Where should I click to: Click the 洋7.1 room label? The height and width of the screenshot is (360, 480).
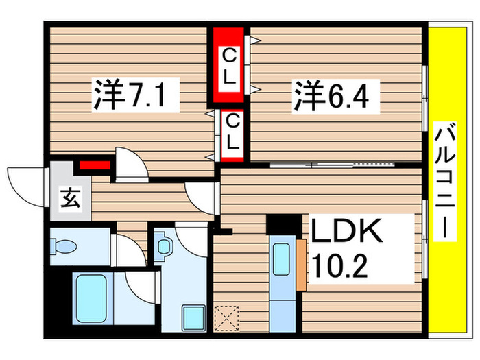pyautogui.click(x=136, y=97)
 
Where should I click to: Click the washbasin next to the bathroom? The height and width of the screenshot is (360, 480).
pyautogui.click(x=165, y=248)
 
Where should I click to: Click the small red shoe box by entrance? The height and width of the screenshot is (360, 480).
pyautogui.click(x=94, y=165)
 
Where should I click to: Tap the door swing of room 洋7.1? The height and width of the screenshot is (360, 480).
pyautogui.click(x=131, y=165)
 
